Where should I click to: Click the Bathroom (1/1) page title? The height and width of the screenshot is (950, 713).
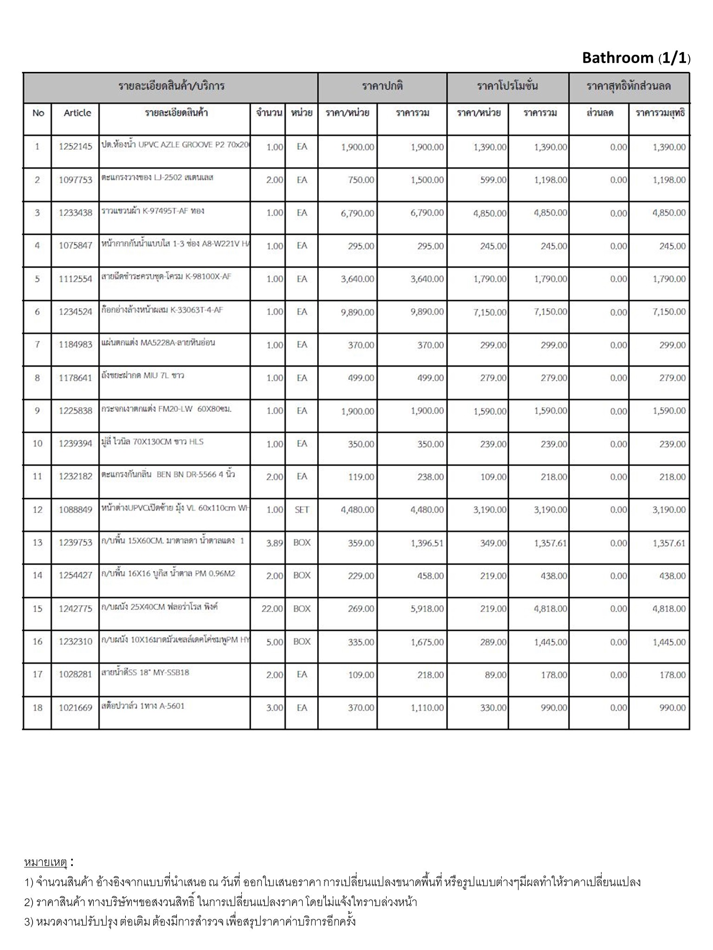click(635, 58)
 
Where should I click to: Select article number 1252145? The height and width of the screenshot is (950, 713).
click(75, 147)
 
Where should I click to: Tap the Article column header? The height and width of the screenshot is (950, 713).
click(77, 113)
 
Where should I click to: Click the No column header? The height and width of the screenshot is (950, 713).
click(38, 113)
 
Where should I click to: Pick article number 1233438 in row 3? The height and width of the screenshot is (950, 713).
click(75, 213)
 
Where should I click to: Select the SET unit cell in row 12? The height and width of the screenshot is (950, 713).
click(302, 510)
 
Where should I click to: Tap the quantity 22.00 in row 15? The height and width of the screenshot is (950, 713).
click(272, 609)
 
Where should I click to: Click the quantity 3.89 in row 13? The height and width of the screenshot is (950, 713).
click(274, 543)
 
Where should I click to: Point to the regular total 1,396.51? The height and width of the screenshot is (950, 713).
click(427, 543)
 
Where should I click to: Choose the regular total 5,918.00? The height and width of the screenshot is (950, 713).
click(427, 609)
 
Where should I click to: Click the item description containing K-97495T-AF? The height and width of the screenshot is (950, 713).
click(153, 211)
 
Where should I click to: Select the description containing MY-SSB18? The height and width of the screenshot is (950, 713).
click(145, 672)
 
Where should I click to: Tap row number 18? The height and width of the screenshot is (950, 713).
click(38, 708)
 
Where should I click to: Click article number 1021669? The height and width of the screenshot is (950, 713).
click(75, 708)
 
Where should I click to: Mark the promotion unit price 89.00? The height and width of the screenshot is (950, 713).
click(495, 675)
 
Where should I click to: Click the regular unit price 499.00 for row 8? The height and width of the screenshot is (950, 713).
click(361, 378)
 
